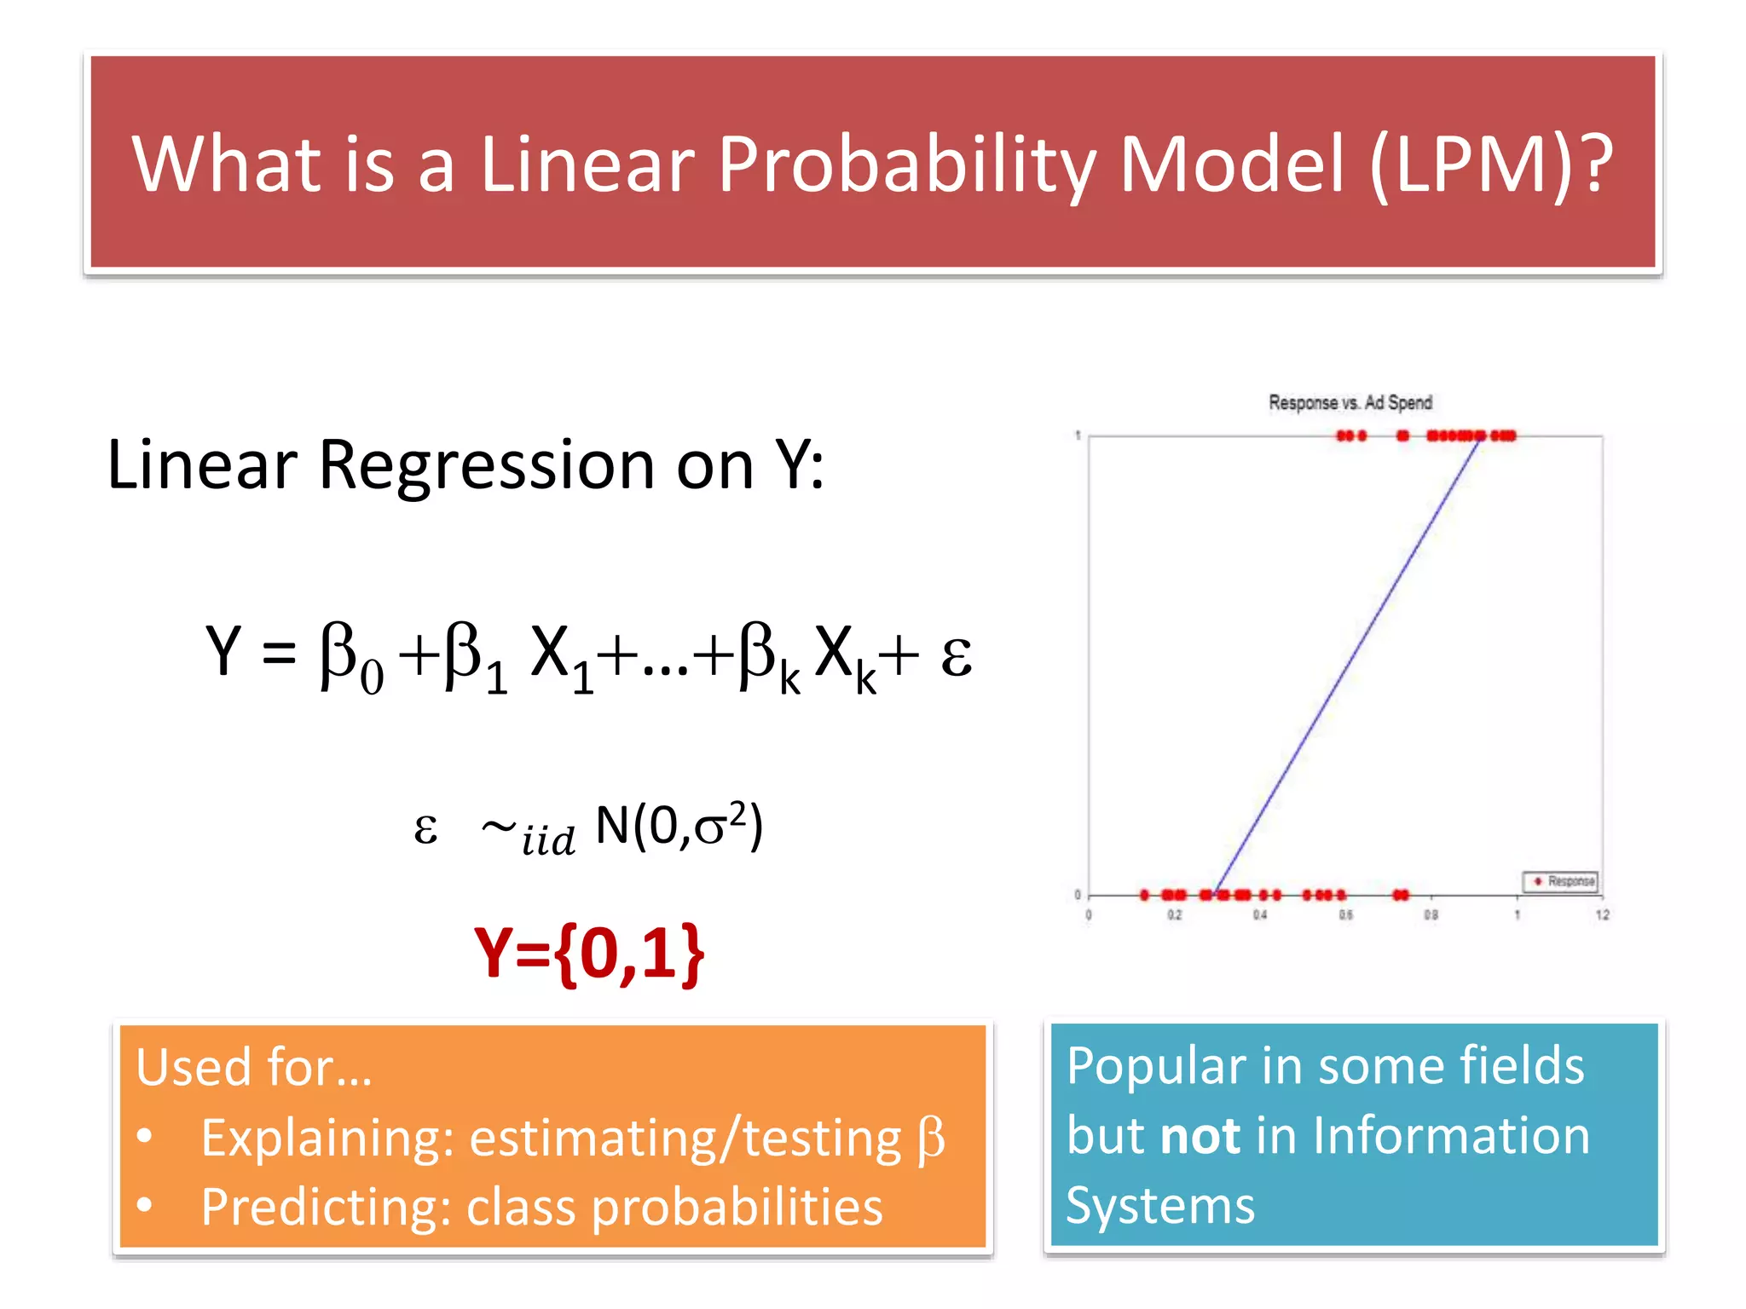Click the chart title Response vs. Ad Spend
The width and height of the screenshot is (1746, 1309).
1350,402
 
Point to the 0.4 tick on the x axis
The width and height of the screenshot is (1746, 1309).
1259,914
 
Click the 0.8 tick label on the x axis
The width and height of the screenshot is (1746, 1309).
1431,914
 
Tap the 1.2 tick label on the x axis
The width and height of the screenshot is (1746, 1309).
1602,914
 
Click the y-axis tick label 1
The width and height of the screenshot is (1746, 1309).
1078,435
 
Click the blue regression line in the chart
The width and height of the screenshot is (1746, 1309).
1347,665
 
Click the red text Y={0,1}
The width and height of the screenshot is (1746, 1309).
589,953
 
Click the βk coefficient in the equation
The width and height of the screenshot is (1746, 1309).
769,656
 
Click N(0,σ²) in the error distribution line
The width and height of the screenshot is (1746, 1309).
679,825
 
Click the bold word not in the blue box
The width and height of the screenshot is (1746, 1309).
1200,1137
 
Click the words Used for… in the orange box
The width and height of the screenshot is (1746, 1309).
254,1067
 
